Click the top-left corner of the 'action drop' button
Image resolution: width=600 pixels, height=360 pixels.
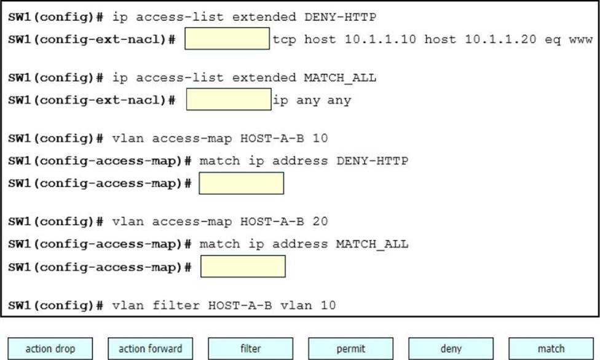tap(8, 338)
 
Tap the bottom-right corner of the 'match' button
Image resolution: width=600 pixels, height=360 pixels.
tap(593, 359)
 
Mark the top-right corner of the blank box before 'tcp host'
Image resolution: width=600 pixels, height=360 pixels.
tap(269, 28)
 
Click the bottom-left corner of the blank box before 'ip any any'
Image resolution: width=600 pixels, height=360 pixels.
tap(187, 110)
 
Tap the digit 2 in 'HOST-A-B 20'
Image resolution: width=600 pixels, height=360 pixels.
tap(316, 221)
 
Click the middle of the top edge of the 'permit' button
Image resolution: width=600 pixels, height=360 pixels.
tap(351, 338)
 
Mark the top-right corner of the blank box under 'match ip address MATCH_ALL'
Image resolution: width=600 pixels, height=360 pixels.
tap(285, 256)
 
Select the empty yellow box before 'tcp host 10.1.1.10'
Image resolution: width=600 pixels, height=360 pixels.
tap(227, 38)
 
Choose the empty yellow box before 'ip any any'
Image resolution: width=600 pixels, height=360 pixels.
tap(229, 99)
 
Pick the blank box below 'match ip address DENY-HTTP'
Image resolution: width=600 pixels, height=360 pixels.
tap(242, 183)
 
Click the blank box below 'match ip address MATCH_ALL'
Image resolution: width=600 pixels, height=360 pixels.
tap(243, 266)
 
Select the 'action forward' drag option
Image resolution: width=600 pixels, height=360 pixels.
tap(151, 348)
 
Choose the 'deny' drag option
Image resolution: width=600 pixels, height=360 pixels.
tap(451, 348)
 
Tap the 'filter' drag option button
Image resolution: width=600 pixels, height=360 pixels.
tap(251, 348)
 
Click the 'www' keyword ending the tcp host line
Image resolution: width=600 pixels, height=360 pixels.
tap(581, 40)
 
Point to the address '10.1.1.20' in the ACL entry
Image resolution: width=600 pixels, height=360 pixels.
tap(500, 39)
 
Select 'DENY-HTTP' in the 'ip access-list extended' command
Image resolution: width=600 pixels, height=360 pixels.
tap(340, 17)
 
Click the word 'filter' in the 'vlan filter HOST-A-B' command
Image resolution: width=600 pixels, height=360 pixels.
tap(176, 305)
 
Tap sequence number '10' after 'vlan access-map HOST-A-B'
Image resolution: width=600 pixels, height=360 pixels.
tap(320, 138)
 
